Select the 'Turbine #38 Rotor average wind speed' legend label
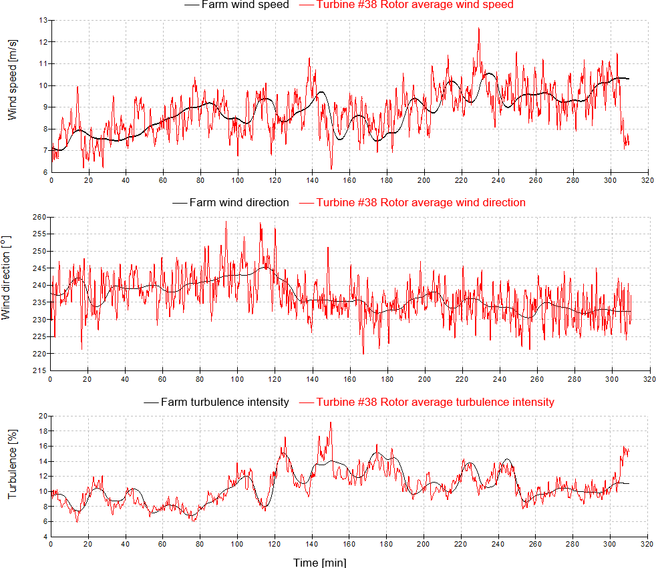415,5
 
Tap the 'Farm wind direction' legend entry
239,202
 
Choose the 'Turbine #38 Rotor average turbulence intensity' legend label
435,402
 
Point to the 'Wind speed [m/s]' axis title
13,89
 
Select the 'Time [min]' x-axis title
320,562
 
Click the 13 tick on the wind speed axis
43,21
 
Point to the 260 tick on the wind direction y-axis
41,218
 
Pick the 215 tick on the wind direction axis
41,370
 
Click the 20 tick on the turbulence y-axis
43,416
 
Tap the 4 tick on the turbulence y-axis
45,537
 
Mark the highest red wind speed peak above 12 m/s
478,28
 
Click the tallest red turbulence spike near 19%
330,422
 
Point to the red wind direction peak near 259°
226,222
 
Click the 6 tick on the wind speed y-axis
45,172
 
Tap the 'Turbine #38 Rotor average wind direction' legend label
421,202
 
